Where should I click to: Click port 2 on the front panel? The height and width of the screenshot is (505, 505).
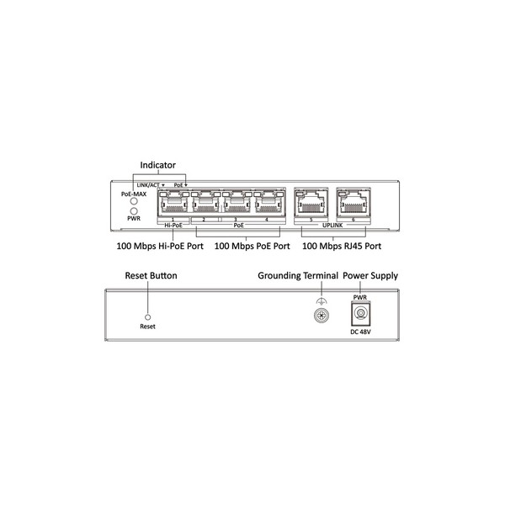coord(205,203)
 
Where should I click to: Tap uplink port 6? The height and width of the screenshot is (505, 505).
coord(353,203)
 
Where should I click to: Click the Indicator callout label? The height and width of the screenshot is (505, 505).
coord(157,165)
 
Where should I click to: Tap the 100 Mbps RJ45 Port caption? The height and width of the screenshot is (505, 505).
coord(341,247)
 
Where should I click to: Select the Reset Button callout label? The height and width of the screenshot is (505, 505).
coord(151,276)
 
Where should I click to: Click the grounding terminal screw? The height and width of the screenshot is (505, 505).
coord(319,316)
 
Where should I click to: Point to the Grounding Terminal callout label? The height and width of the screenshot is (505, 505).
coord(298,276)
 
